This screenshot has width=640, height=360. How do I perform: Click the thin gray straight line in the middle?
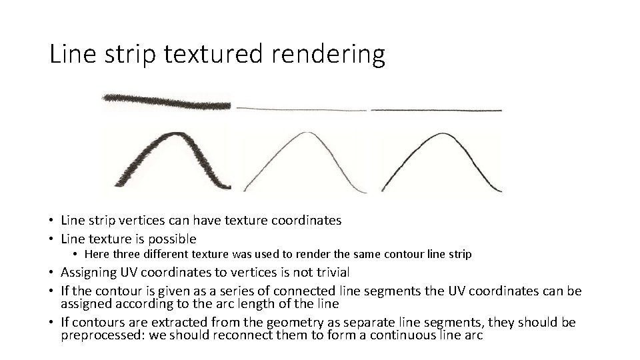pos(301,108)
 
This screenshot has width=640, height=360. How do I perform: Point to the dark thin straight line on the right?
pos(436,109)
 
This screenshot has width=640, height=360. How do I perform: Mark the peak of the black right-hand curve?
pos(436,135)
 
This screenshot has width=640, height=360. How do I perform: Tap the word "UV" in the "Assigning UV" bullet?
pos(128,272)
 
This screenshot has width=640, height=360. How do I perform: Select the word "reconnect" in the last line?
pos(241,335)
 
